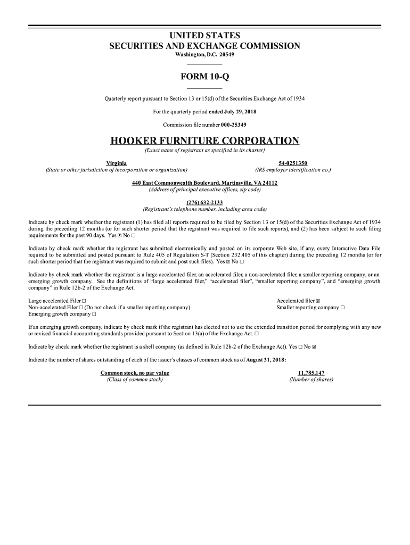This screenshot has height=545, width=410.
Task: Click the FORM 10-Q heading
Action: point(204,77)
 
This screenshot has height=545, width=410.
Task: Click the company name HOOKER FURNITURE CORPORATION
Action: point(204,141)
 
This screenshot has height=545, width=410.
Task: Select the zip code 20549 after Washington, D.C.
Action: point(225,55)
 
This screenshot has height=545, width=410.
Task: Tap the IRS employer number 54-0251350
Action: point(293,163)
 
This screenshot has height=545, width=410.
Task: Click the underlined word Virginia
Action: point(117,163)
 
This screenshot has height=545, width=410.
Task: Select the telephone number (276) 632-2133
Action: point(204,202)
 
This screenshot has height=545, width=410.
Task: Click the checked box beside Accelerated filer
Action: point(318,301)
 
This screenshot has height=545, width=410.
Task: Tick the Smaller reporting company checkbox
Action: point(342,308)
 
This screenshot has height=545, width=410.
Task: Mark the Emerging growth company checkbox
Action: point(94,314)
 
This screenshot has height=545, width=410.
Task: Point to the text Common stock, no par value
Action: point(135,373)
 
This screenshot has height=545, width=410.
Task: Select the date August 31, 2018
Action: point(266,360)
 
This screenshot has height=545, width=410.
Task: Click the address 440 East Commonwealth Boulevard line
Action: point(204,183)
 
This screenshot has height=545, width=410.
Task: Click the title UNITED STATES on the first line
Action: point(204,36)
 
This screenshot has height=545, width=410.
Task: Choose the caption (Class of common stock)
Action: point(135,380)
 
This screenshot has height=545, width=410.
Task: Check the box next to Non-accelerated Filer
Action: point(81,308)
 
